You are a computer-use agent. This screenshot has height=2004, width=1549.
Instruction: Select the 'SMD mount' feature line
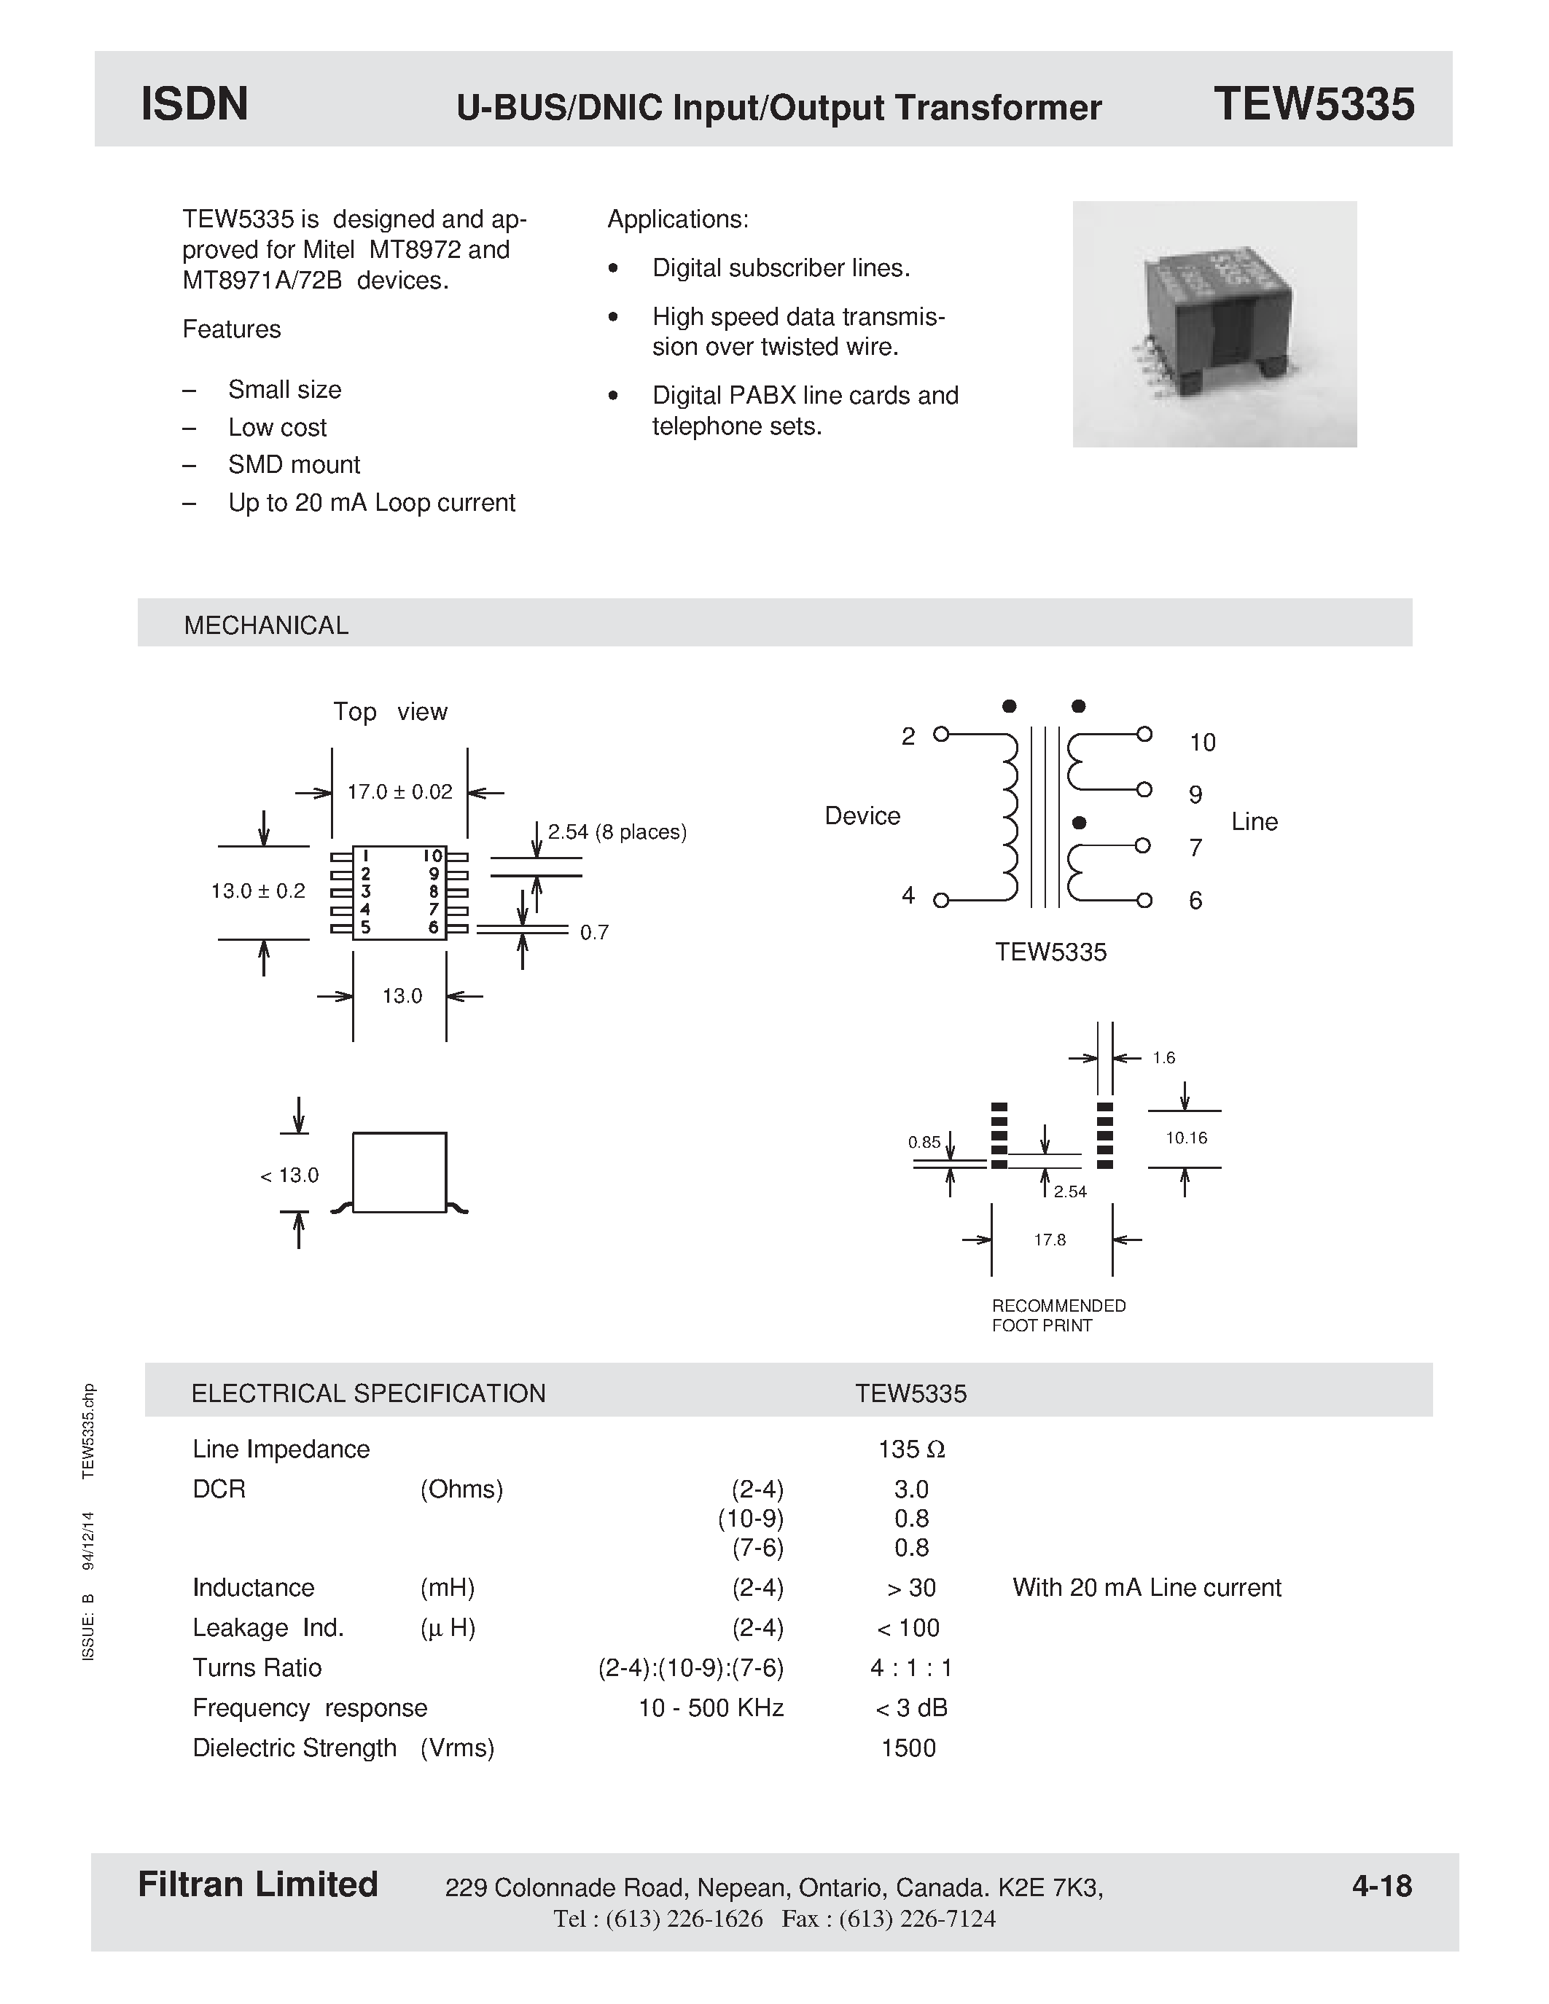click(294, 464)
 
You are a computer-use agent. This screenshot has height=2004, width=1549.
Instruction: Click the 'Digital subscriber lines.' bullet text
click(781, 268)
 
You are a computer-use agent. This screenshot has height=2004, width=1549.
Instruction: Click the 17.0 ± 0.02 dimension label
click(399, 792)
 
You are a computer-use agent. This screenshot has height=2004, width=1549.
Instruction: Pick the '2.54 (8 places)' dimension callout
click(617, 832)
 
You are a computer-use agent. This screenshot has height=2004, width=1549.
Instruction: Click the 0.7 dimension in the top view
click(593, 932)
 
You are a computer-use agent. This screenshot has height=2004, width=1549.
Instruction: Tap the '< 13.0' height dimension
click(289, 1175)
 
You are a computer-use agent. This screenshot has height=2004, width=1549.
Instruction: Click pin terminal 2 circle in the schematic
click(940, 734)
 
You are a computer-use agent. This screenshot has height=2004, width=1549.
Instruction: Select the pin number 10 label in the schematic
click(1202, 743)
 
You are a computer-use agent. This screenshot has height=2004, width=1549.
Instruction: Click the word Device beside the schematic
click(862, 815)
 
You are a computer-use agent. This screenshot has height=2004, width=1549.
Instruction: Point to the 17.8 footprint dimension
click(1050, 1240)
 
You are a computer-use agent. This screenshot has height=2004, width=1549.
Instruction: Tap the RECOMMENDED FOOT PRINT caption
click(1058, 1315)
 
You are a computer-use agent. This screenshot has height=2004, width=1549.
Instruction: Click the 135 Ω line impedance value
click(910, 1449)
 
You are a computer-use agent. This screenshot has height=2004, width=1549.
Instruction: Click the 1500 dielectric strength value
click(908, 1748)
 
